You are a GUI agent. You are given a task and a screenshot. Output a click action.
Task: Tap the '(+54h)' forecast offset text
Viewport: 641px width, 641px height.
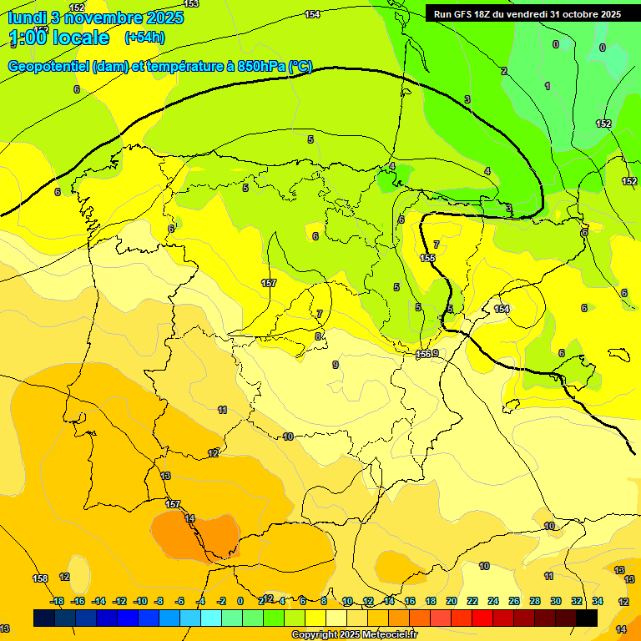click(x=144, y=38)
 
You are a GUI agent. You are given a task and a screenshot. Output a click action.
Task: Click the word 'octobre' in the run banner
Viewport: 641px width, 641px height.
click(x=573, y=13)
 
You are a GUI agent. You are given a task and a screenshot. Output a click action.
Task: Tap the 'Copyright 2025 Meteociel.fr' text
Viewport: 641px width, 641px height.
click(x=354, y=635)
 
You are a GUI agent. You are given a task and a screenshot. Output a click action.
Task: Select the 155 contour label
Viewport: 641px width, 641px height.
click(x=427, y=259)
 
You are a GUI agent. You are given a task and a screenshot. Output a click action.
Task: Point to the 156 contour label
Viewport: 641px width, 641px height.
click(x=424, y=355)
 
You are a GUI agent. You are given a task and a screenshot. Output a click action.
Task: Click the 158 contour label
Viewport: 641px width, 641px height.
click(x=40, y=578)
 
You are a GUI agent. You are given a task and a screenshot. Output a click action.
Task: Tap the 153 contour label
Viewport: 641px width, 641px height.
click(x=191, y=4)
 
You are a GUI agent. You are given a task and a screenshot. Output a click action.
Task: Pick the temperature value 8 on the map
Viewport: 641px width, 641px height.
click(x=318, y=336)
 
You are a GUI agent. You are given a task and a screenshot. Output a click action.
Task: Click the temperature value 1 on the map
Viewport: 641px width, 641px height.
click(x=548, y=86)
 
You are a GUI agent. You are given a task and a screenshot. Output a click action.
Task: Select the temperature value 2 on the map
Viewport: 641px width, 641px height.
click(x=503, y=71)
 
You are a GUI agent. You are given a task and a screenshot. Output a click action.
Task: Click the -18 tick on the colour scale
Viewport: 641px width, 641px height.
click(x=57, y=601)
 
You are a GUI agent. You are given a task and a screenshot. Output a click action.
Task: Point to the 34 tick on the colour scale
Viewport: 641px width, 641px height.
click(x=598, y=601)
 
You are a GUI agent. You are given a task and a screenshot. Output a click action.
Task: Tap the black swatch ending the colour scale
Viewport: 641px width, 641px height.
click(x=587, y=618)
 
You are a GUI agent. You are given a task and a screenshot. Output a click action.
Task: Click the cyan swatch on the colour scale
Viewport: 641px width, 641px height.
click(x=211, y=618)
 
